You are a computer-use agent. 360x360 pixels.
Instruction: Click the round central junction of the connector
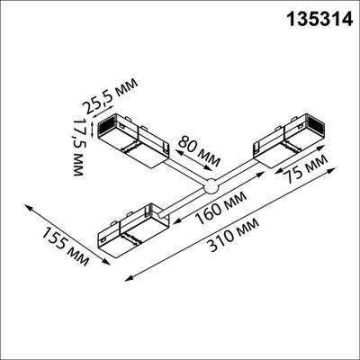[211, 187]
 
